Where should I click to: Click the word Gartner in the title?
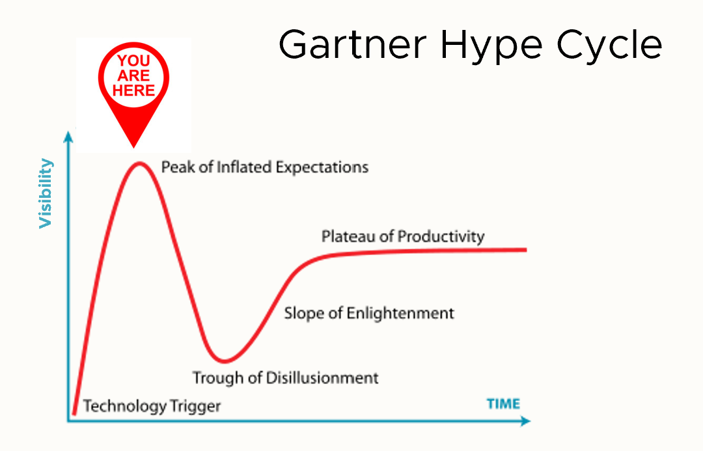coord(352,45)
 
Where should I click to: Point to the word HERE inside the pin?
coord(133,90)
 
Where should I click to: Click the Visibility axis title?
coord(46,193)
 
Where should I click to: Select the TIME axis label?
coord(503,404)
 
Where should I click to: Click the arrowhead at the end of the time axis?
coord(525,421)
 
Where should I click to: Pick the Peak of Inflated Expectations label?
coord(264,167)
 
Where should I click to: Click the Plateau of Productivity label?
coord(403,236)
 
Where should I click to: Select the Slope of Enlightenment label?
coord(369,313)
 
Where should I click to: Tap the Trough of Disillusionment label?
coord(286,377)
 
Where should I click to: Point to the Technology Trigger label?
coord(152,406)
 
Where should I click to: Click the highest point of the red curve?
coord(139,163)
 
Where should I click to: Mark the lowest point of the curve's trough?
coord(224,361)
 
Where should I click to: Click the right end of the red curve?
coord(525,250)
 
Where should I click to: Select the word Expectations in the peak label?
coord(322,168)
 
